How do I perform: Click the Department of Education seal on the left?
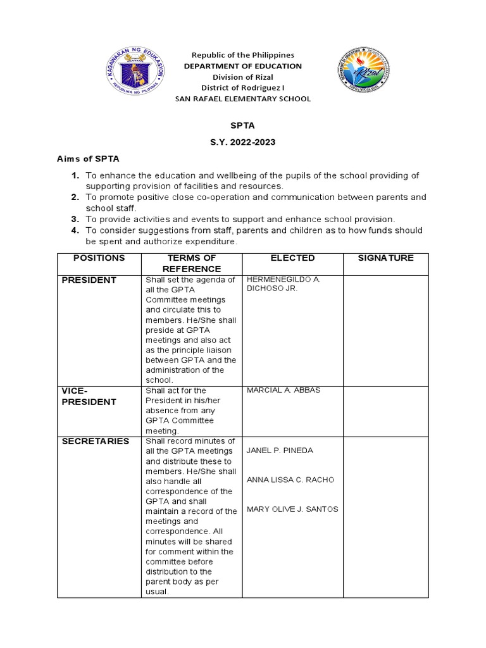click(x=135, y=77)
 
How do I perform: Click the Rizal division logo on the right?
click(x=363, y=77)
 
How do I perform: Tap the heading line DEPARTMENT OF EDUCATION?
click(x=242, y=66)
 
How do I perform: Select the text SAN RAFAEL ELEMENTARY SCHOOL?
click(x=242, y=99)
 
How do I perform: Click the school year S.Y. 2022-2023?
click(x=242, y=142)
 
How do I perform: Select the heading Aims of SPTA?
click(x=88, y=158)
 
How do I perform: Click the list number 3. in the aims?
click(x=75, y=218)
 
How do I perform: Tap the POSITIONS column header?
click(x=99, y=258)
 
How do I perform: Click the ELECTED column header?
click(x=292, y=258)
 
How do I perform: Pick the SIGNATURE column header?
click(x=385, y=258)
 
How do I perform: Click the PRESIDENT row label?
click(x=89, y=280)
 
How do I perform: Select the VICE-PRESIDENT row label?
click(x=89, y=396)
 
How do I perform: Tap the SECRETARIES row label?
click(x=95, y=441)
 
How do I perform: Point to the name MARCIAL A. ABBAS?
click(x=283, y=390)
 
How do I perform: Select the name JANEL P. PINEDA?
click(x=280, y=451)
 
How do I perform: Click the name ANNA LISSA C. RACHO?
click(x=290, y=480)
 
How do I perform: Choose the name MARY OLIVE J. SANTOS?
click(x=292, y=509)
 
